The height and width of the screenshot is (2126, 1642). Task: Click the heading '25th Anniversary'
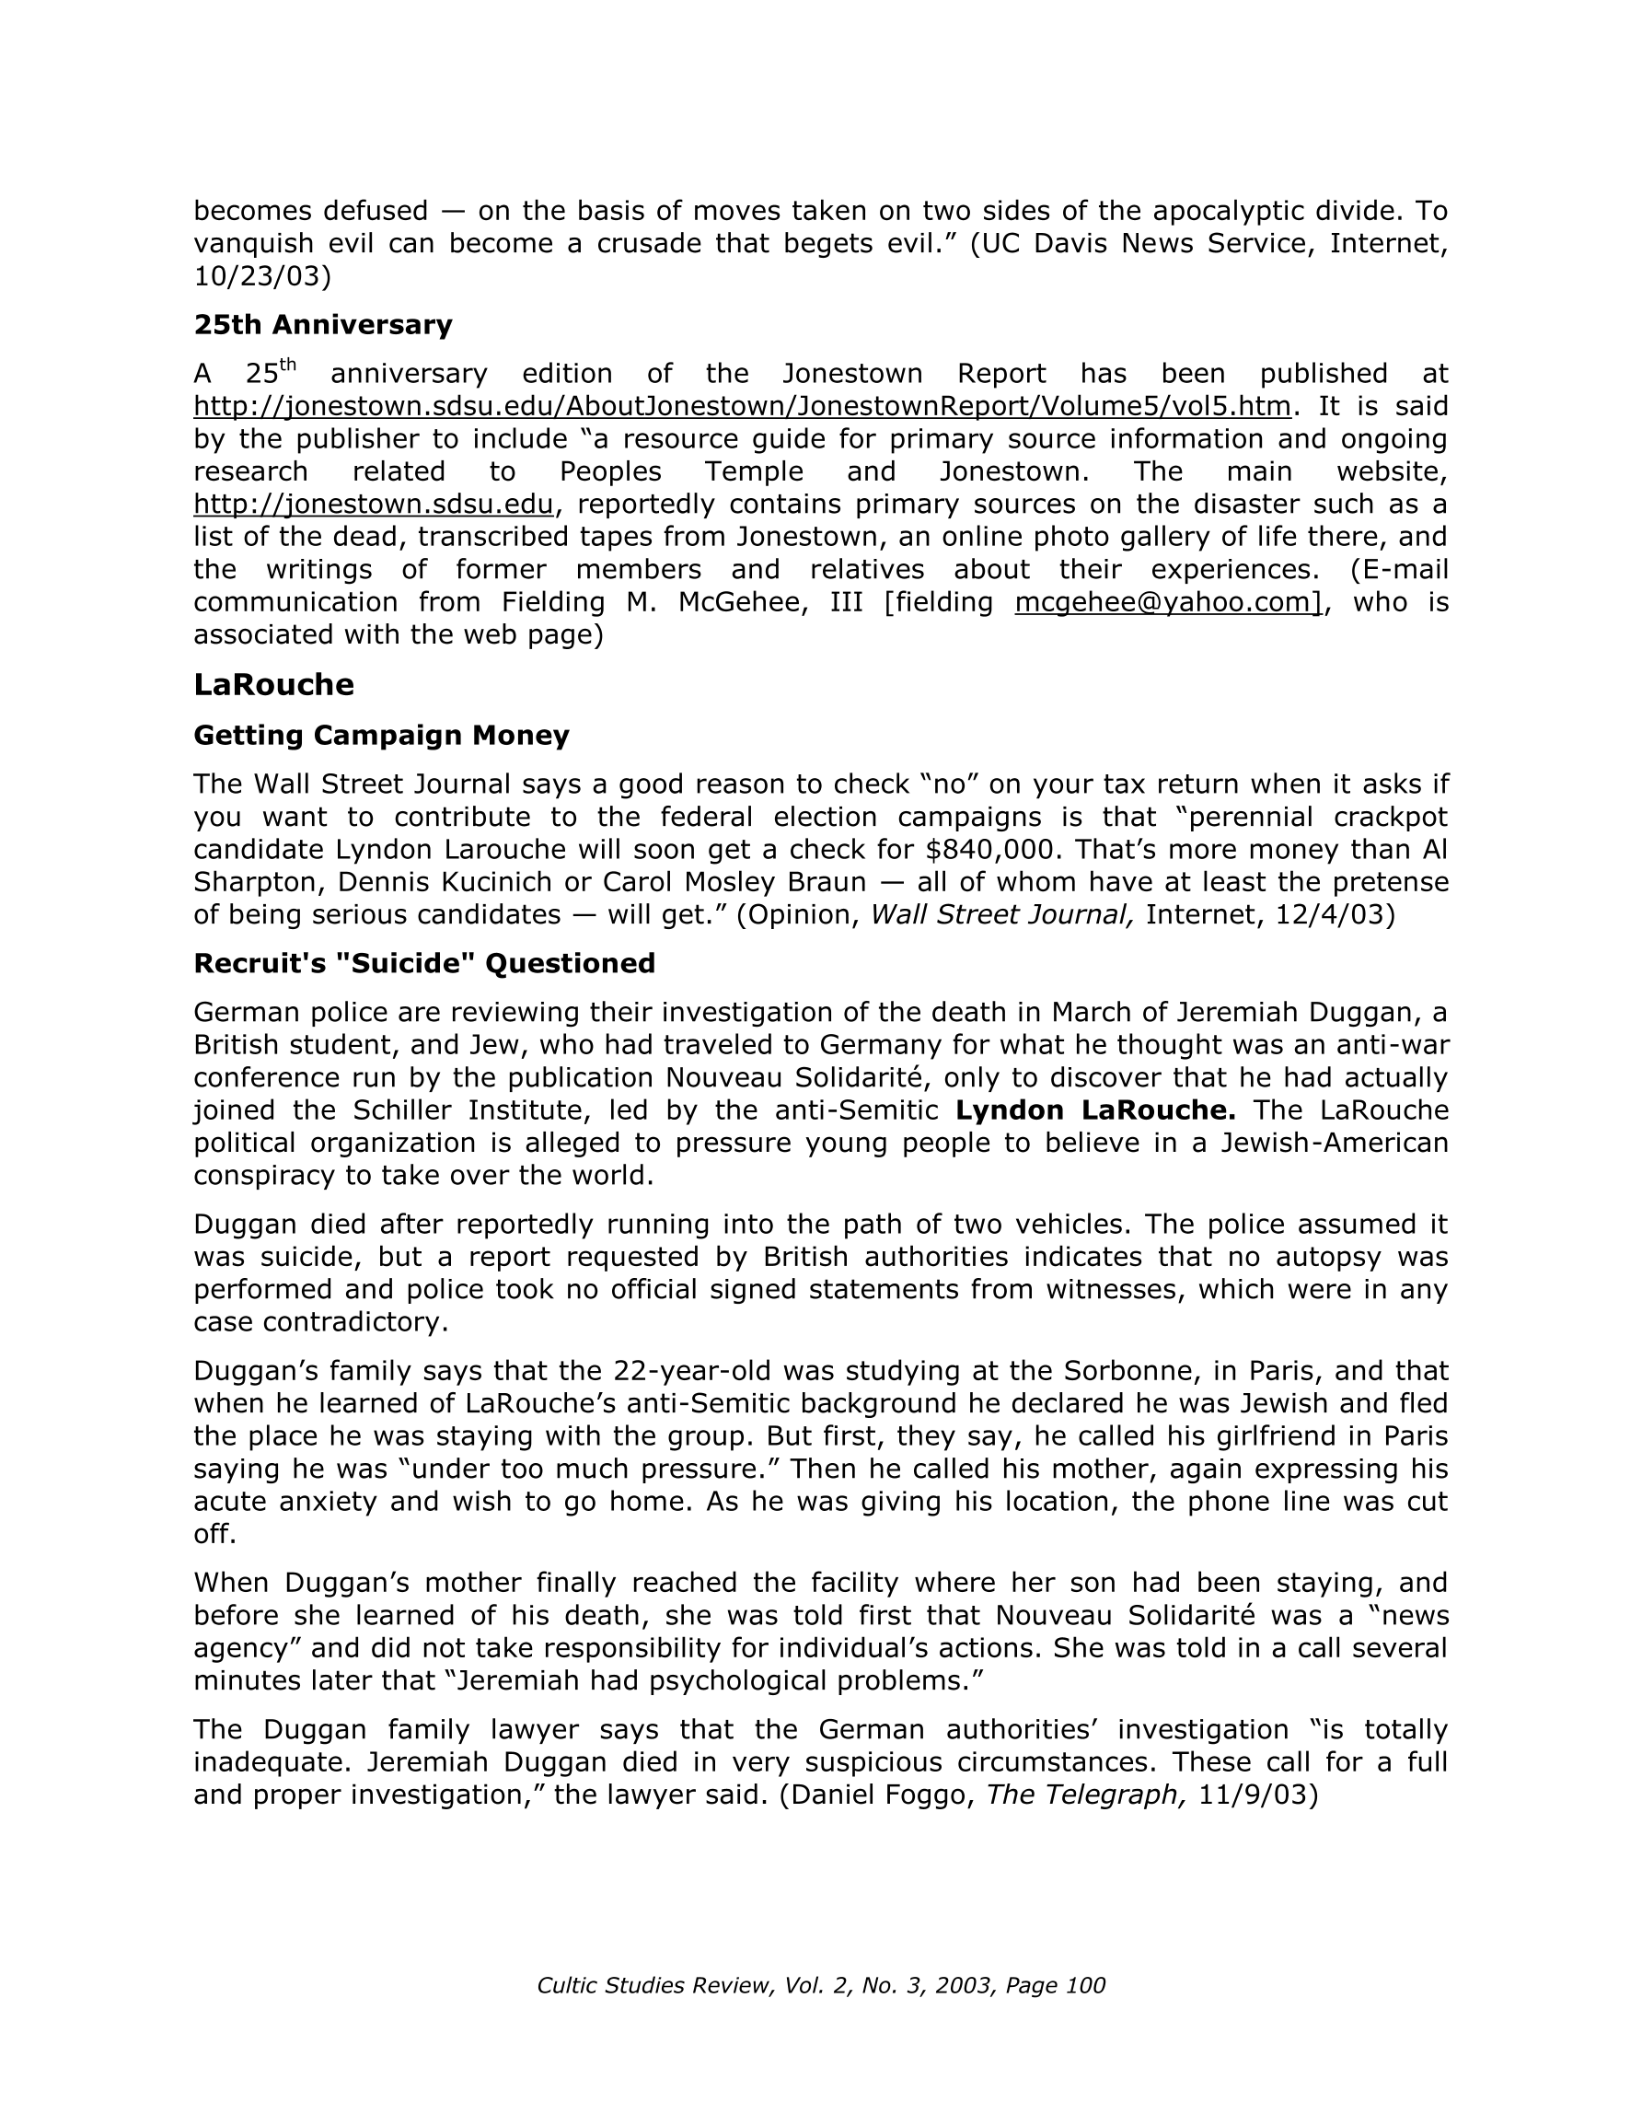(322, 325)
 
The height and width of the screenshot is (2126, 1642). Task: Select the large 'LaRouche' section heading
(273, 684)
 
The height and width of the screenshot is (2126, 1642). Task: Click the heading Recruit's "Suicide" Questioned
(423, 963)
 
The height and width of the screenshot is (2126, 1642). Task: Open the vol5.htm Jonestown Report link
(742, 406)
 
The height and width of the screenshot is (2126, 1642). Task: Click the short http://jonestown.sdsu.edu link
(373, 505)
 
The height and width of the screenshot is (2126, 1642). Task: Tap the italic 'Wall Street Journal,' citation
(1001, 915)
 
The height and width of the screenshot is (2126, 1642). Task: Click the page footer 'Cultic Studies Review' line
(820, 1986)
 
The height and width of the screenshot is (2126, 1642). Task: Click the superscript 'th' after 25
(287, 365)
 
